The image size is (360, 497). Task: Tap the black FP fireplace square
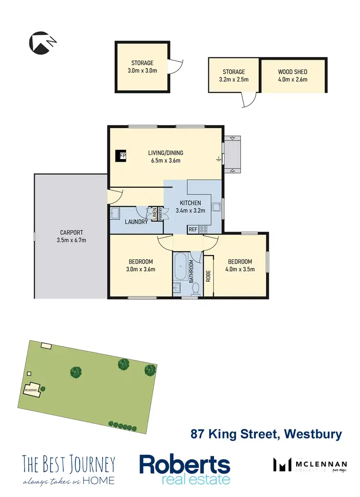coord(121,156)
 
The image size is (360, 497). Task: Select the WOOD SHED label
coord(292,72)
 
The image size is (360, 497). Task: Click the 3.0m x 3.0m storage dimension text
coord(143,71)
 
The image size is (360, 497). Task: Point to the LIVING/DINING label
coord(166,153)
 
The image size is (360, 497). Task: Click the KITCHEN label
coord(191,203)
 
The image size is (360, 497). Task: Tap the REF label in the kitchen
coord(192,230)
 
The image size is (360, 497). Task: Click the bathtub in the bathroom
coord(181,267)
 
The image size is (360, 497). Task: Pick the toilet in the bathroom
coord(196,288)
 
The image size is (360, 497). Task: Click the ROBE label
coord(209,276)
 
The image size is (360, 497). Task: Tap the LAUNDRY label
coord(136,222)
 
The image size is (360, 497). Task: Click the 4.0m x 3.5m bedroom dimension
coord(240,269)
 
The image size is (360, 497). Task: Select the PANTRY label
coord(161,213)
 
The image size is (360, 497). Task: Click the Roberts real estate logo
coord(184,469)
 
